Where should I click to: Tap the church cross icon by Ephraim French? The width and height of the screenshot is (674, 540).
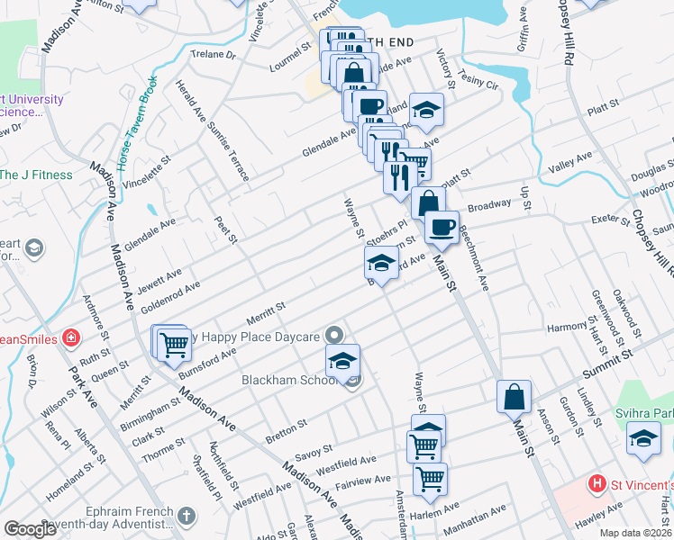click(x=186, y=517)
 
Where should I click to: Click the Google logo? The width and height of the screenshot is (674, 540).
click(x=30, y=529)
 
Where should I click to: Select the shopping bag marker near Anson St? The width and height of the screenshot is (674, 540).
click(x=514, y=397)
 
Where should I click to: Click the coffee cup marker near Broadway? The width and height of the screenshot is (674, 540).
click(x=442, y=228)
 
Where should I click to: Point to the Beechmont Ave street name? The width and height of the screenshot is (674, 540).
click(x=475, y=257)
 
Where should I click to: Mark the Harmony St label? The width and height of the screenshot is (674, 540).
click(x=567, y=327)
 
